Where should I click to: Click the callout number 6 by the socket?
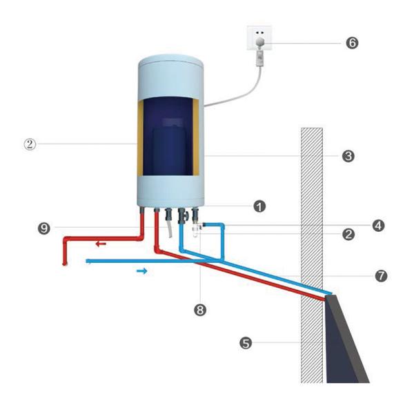tap(351, 42)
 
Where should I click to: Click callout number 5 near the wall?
tap(245, 341)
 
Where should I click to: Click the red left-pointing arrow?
tap(101, 244)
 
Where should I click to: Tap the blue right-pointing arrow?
tap(141, 271)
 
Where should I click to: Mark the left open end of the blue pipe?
tap(87, 261)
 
